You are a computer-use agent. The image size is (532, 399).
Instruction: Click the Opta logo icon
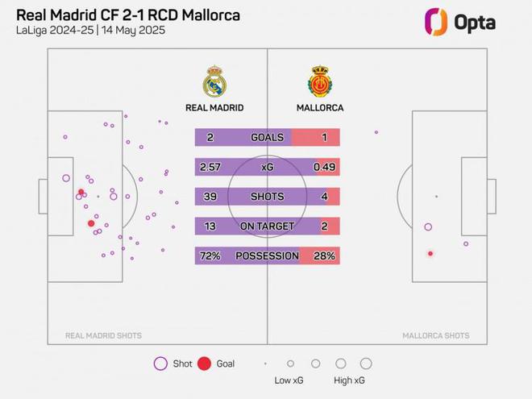(436, 22)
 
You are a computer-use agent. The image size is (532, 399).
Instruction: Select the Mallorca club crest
(320, 82)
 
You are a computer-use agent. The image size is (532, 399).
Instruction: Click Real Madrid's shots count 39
(210, 197)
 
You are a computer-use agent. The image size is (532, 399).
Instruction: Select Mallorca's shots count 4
(324, 197)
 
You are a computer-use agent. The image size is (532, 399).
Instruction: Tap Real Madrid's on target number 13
(210, 227)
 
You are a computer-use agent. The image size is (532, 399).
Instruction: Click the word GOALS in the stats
(267, 138)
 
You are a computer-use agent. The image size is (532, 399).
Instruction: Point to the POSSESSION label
(267, 256)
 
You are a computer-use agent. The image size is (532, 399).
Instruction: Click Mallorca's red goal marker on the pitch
(430, 254)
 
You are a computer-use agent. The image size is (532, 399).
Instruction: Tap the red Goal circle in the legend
(204, 364)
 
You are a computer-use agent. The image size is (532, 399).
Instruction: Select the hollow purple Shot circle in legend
(160, 364)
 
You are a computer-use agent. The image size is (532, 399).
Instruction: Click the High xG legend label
(349, 380)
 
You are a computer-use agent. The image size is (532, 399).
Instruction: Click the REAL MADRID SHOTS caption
(103, 336)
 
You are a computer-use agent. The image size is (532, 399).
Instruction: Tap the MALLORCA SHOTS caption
(435, 336)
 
